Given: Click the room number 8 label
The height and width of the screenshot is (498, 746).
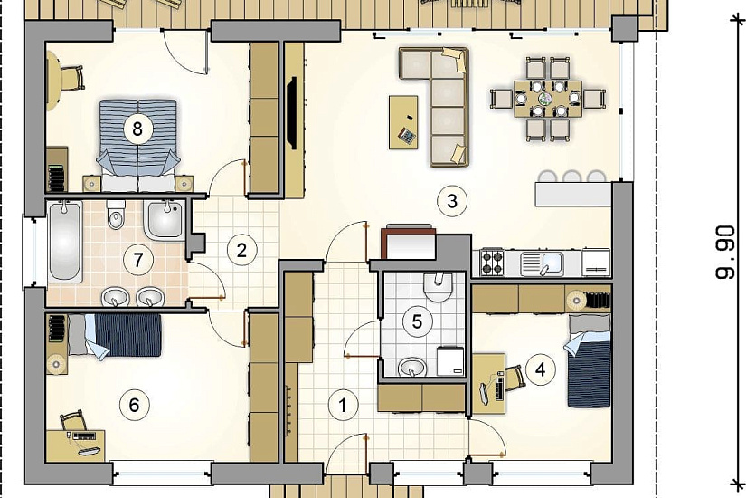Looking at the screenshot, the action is pos(137,129).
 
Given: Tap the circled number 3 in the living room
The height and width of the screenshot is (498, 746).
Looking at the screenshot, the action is pos(452,201).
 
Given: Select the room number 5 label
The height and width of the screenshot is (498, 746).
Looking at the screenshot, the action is pos(417,321).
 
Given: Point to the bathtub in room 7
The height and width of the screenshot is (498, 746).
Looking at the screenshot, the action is pos(65,241).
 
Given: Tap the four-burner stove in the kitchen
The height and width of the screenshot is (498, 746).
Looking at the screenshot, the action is pos(492,262).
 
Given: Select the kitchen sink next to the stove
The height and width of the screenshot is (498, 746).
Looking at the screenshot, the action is pos(543,263).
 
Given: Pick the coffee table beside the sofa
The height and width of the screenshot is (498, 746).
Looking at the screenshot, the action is pos(403,122).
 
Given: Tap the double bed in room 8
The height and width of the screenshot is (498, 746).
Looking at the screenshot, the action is pos(138,146).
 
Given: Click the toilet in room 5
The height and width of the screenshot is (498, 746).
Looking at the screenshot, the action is pos(437,287).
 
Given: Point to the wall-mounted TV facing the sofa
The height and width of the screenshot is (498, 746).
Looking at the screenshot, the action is pos(292,113).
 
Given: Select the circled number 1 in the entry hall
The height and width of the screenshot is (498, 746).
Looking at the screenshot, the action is pos(342,405).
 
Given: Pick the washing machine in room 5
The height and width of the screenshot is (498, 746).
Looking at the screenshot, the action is pos(450,360).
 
